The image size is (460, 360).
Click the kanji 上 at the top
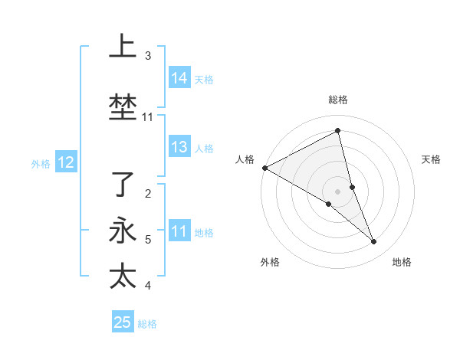click(122, 47)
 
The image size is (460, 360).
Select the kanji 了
click(122, 185)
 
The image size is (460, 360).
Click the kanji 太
click(122, 276)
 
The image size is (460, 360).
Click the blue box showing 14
click(179, 78)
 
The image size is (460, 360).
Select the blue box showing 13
click(179, 148)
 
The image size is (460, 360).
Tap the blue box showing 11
click(179, 232)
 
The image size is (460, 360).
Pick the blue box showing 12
click(66, 162)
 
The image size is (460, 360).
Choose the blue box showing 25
click(123, 322)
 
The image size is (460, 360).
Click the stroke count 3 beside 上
click(148, 56)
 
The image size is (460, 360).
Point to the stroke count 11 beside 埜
click(148, 117)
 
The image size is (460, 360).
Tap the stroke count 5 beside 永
click(148, 240)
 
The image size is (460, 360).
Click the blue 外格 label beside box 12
click(41, 163)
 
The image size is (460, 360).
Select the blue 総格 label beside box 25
click(147, 323)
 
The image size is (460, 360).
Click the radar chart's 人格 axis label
click(245, 159)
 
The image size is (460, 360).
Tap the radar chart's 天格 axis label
click(432, 159)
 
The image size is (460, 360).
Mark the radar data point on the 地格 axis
click(374, 242)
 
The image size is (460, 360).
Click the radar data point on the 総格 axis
click(337, 131)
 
